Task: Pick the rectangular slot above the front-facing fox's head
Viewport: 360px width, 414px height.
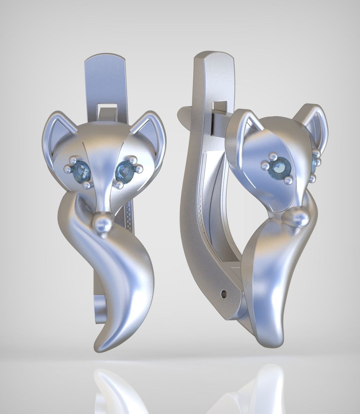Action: [108, 105]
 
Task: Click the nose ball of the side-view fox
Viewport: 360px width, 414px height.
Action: [299, 218]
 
